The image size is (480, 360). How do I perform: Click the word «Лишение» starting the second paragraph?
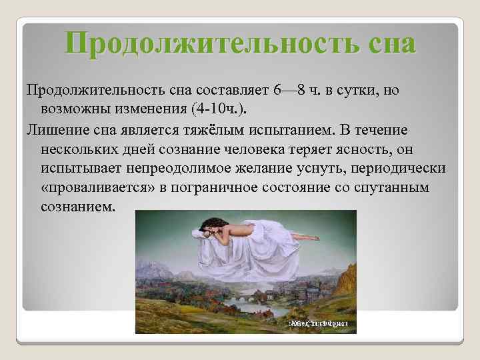[54, 128]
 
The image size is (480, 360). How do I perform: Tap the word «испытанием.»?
[306, 128]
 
